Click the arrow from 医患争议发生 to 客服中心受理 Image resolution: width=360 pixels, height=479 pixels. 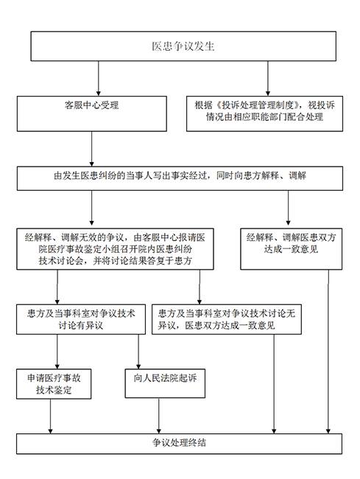(98, 79)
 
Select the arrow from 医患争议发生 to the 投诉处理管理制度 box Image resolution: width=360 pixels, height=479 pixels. (268, 79)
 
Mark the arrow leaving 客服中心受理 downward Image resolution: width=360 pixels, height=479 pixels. (91, 149)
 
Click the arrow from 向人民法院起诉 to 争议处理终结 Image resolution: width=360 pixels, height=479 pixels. (158, 416)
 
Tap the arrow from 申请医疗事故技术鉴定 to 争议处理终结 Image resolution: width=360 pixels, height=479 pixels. (50, 416)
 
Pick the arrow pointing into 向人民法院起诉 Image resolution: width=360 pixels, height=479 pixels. (138, 352)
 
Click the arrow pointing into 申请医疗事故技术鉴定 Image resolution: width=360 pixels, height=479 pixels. (57, 352)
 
